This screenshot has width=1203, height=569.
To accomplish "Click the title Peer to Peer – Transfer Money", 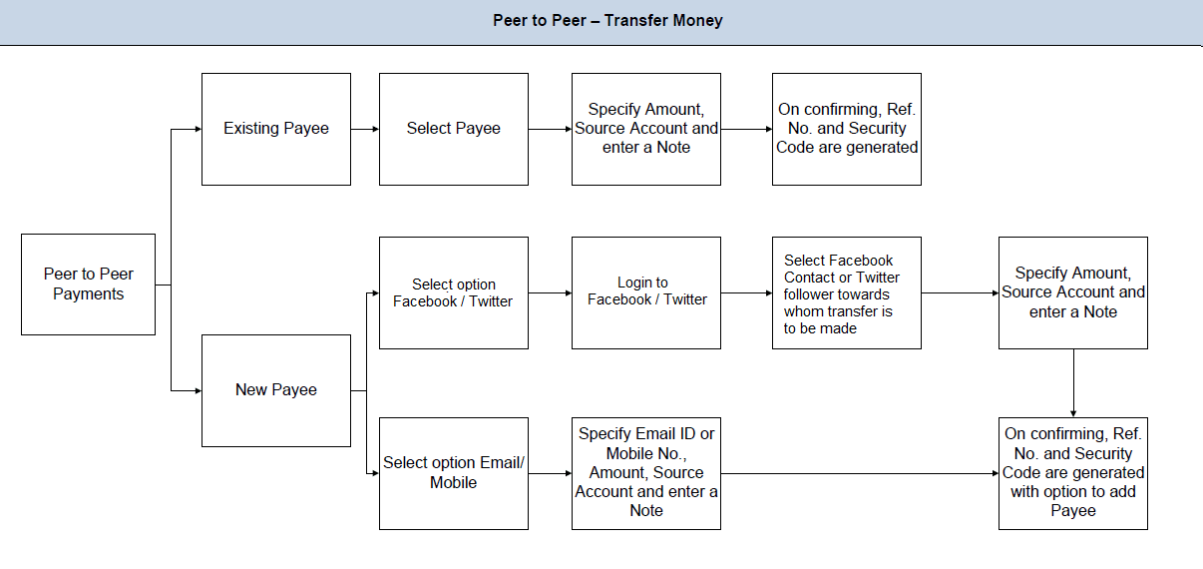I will coord(607,21).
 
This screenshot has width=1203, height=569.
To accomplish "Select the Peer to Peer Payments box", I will coord(88,284).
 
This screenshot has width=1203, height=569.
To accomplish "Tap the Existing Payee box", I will coord(276,129).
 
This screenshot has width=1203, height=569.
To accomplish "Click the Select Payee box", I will coord(454,129).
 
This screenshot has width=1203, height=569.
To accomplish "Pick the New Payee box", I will coord(276,390).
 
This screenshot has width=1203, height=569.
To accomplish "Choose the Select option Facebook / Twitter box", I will coord(454,292).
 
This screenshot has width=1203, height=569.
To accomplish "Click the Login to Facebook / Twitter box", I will coord(646,292).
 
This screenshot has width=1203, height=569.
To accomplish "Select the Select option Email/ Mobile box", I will coord(454,473).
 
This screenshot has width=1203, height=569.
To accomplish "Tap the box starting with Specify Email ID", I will coord(646,473).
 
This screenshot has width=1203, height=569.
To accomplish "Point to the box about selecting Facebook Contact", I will coord(846,292).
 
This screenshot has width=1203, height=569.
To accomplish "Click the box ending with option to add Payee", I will coord(1072,473).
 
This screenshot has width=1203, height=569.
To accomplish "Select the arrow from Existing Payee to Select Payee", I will coord(365,129).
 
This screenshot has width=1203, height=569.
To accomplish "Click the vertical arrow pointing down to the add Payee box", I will coord(1073,383).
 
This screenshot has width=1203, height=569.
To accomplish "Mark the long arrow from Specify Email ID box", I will coord(859,473).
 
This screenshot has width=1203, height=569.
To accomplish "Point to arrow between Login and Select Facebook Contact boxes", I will coord(746,293).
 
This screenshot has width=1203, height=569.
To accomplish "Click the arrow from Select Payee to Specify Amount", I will coord(550,129).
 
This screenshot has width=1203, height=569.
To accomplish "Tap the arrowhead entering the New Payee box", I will coord(197,390).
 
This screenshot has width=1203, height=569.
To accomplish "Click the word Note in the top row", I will coord(673,148).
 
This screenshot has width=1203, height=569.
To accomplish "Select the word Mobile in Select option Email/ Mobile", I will coord(454,483).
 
